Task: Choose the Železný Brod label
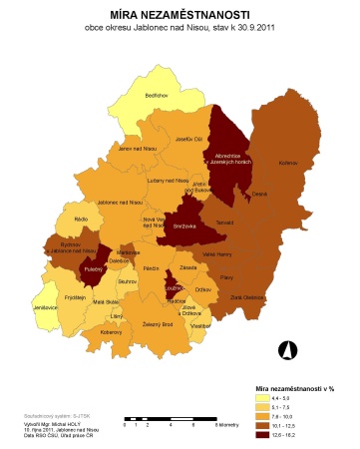[x=161, y=324]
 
